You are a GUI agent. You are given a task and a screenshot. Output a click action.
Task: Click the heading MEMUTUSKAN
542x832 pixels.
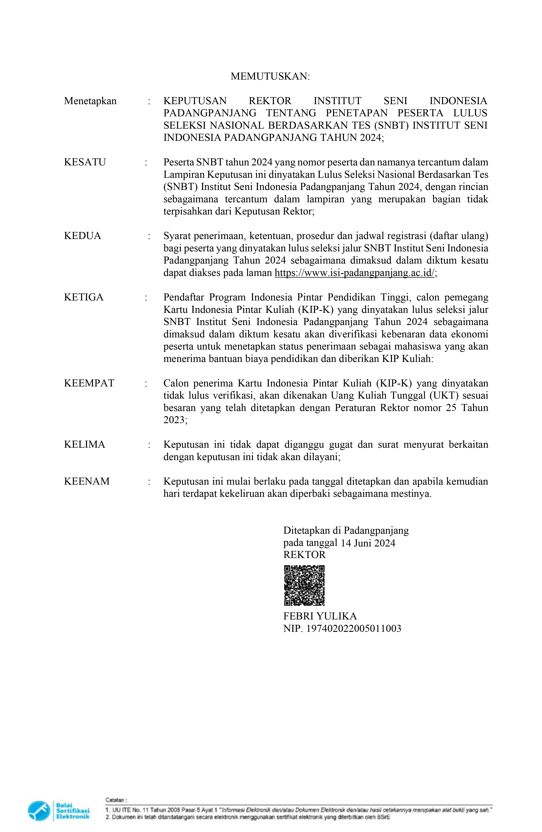270,76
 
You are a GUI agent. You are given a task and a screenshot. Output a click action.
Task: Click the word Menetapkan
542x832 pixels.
90,101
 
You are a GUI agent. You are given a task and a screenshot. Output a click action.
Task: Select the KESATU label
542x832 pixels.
85,162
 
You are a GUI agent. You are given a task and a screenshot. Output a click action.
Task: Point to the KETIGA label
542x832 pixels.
84,297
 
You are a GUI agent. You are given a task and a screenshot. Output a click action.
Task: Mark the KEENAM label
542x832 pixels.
87,481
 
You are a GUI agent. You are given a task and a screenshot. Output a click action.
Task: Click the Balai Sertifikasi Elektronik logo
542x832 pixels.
59,811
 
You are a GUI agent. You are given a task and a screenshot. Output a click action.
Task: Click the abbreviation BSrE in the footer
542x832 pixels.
384,817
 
